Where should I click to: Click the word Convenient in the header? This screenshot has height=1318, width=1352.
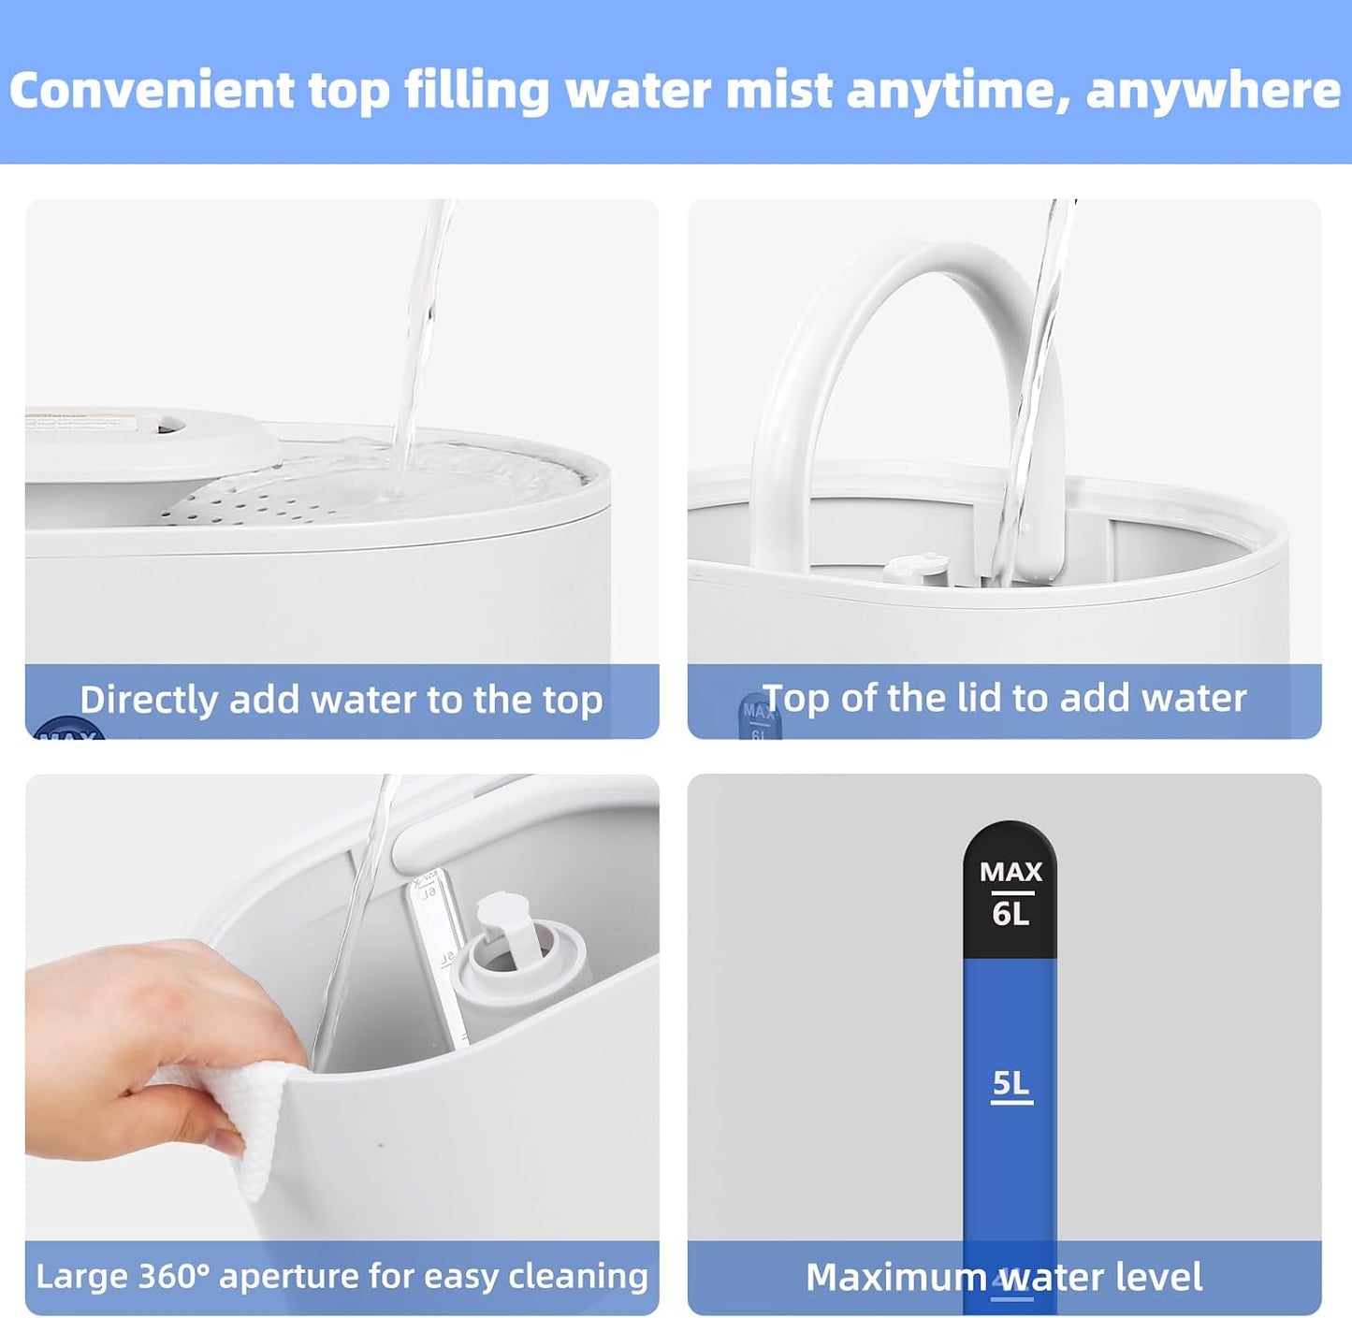pyautogui.click(x=152, y=91)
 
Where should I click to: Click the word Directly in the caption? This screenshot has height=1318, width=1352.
pyautogui.click(x=149, y=700)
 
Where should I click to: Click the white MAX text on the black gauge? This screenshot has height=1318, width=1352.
pyautogui.click(x=1010, y=872)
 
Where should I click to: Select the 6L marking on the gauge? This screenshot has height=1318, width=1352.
pyautogui.click(x=1010, y=914)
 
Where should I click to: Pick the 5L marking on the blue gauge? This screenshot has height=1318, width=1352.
pyautogui.click(x=1010, y=1082)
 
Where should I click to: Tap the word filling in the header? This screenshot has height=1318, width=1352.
pyautogui.click(x=477, y=92)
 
